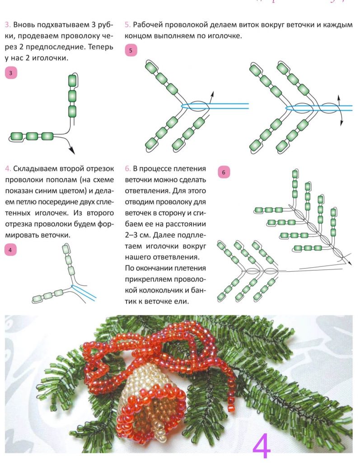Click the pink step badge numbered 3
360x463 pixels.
(10, 73)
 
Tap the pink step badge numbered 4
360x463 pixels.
(10, 250)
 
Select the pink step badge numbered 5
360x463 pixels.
(131, 50)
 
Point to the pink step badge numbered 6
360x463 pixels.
(224, 172)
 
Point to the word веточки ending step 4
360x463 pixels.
(55, 235)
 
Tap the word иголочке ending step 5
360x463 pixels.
(224, 36)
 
